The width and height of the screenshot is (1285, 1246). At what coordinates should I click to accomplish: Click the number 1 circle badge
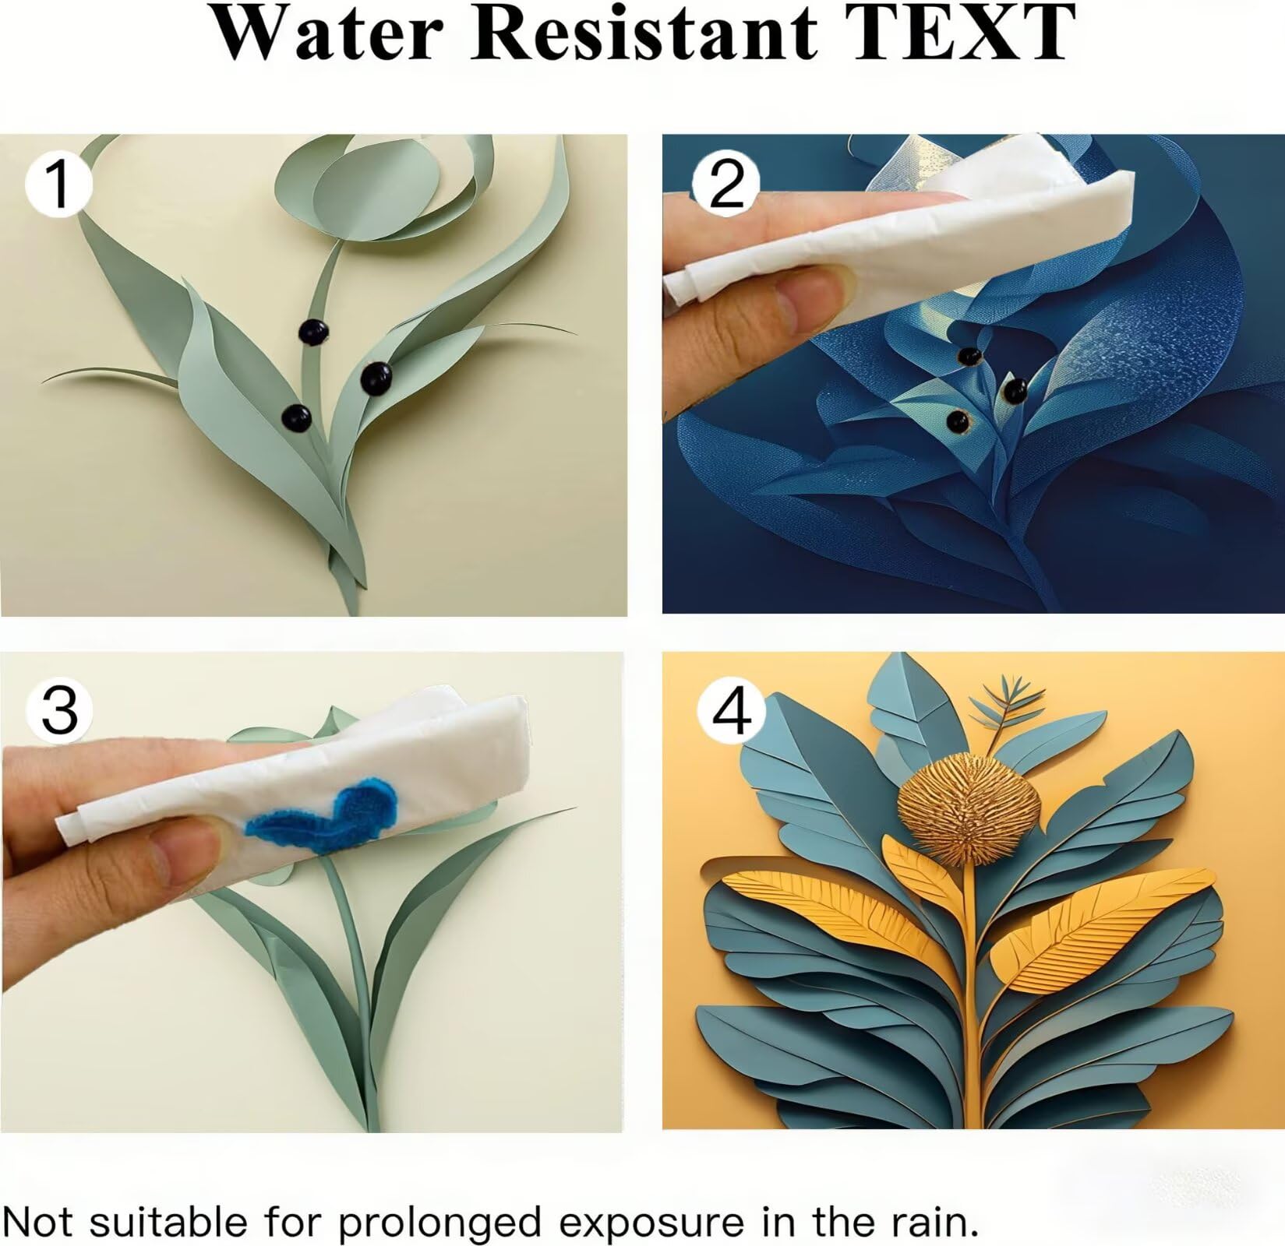tap(59, 184)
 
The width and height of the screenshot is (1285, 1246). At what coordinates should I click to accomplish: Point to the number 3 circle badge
tap(59, 709)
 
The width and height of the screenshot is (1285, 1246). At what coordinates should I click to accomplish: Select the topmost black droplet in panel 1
tap(315, 333)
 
